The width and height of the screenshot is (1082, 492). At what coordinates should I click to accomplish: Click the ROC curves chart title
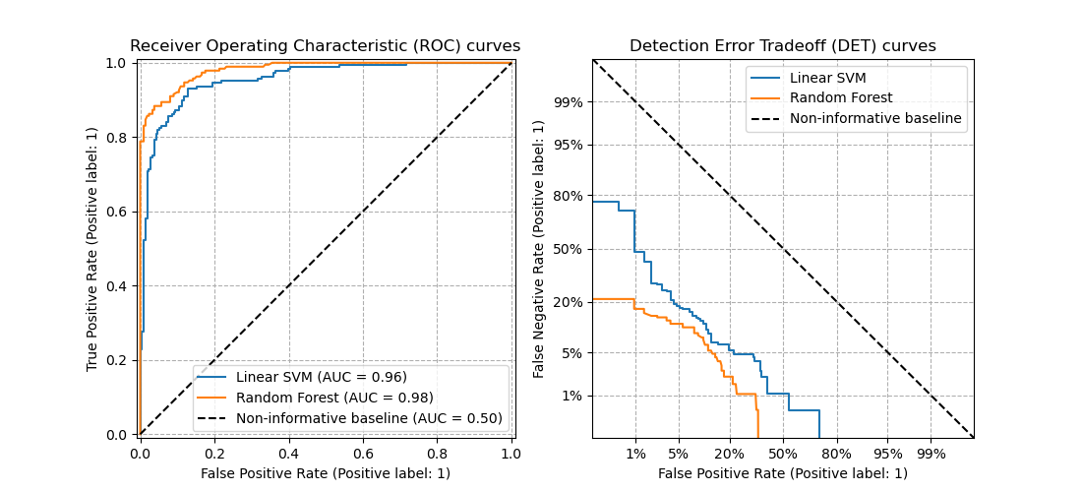click(x=325, y=46)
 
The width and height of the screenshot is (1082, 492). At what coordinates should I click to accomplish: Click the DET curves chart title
click(x=783, y=46)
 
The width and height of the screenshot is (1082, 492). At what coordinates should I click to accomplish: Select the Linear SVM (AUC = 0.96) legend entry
click(x=321, y=377)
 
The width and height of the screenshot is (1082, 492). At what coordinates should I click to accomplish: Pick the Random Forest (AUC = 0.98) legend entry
click(x=334, y=398)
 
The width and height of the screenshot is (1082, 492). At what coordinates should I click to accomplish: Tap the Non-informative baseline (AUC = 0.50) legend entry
click(x=369, y=418)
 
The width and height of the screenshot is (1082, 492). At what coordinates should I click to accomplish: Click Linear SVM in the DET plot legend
click(x=827, y=78)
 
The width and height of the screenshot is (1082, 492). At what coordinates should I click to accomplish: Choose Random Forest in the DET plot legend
click(x=841, y=98)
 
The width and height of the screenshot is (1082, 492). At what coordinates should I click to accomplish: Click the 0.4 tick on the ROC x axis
click(x=288, y=454)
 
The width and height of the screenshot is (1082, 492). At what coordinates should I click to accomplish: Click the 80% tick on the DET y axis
click(x=569, y=196)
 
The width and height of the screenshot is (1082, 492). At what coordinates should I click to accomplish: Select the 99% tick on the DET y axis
click(x=569, y=102)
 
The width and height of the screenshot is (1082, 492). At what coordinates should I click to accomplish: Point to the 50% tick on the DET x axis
click(x=783, y=454)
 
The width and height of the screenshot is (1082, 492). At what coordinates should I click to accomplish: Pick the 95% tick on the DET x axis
click(x=887, y=454)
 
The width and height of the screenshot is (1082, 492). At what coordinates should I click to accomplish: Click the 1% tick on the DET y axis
click(x=571, y=396)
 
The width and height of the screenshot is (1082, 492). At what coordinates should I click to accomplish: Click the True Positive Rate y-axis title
click(x=92, y=248)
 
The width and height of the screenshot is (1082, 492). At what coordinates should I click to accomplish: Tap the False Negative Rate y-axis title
click(x=539, y=248)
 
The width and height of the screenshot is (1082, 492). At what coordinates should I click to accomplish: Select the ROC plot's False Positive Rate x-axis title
click(x=325, y=473)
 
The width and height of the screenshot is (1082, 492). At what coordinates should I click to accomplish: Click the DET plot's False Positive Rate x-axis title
click(x=783, y=473)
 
